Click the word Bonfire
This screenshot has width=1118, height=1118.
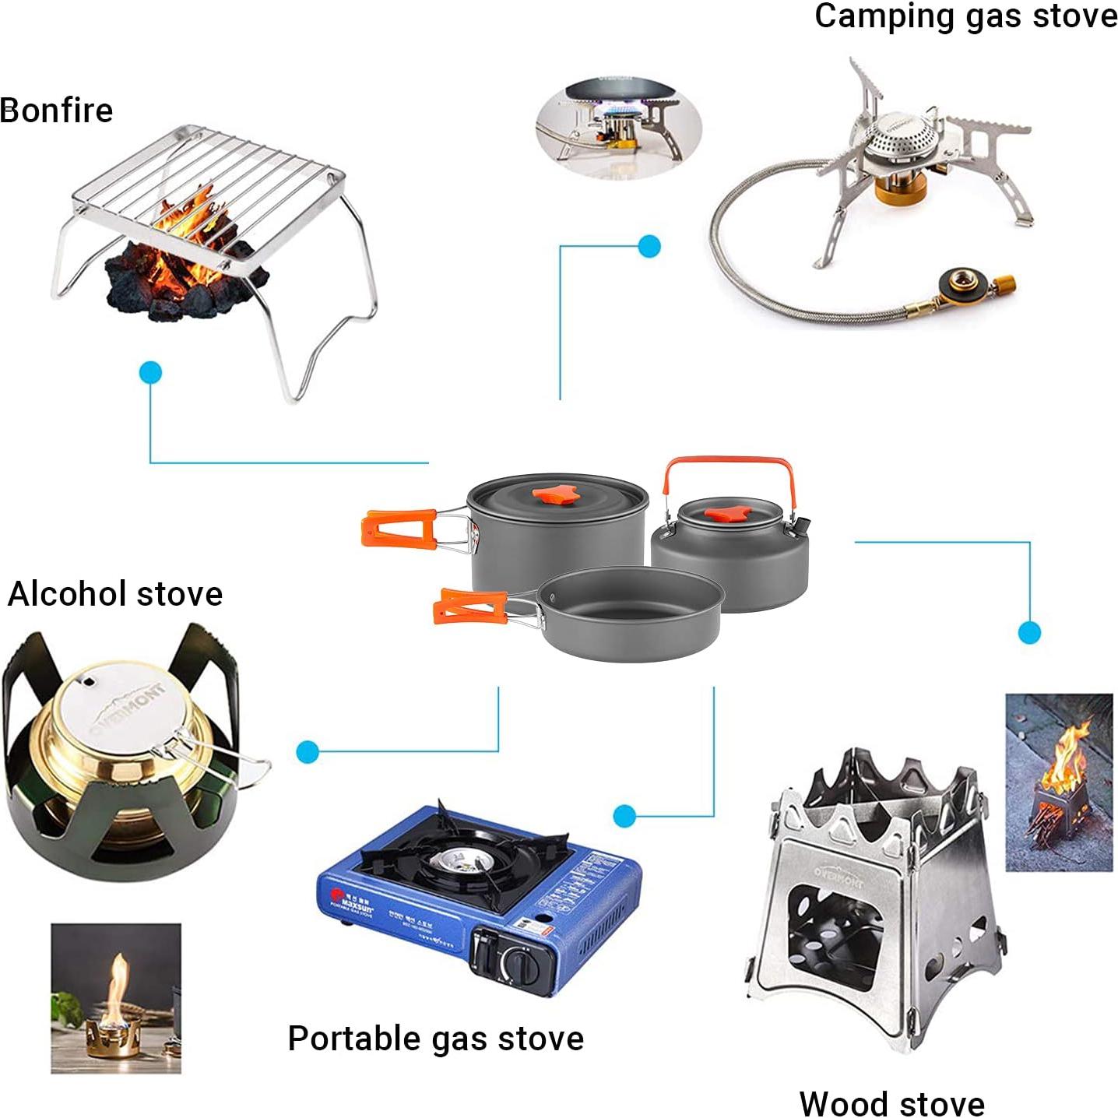(57, 111)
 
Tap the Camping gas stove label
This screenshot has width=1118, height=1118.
(965, 17)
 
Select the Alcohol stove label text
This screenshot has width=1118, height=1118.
(115, 594)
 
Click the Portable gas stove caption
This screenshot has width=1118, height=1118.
(435, 1039)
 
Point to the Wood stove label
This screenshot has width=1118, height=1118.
(891, 1103)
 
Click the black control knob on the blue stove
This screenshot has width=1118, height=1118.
(519, 965)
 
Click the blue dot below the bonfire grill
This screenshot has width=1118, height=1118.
(151, 373)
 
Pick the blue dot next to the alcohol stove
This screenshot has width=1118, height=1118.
(308, 752)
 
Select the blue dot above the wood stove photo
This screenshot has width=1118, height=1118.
(1029, 632)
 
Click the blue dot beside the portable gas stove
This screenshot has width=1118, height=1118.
(624, 816)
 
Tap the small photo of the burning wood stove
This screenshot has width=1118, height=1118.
(1059, 782)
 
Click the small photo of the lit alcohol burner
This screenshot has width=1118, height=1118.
(116, 999)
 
